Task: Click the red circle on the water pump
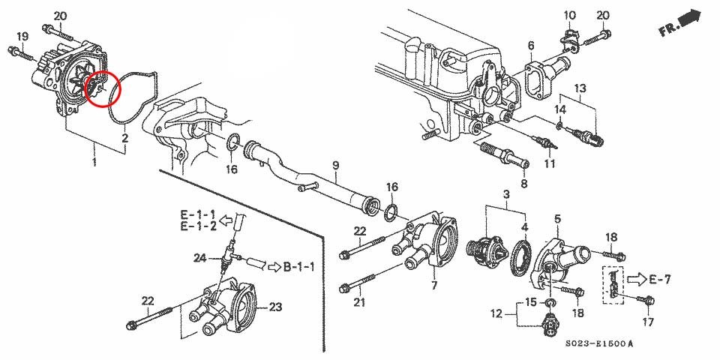(x=103, y=72)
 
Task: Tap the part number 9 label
(x=336, y=165)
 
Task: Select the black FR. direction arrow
(x=691, y=19)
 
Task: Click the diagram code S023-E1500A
(x=599, y=343)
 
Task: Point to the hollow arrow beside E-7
(x=637, y=278)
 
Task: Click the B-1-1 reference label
(x=299, y=267)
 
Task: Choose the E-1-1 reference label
(x=197, y=214)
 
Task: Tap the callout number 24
(x=199, y=258)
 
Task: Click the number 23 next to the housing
(x=275, y=307)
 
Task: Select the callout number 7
(x=434, y=285)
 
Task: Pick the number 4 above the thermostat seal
(x=524, y=226)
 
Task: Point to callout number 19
(x=22, y=36)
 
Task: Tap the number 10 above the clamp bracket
(x=569, y=16)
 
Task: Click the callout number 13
(x=580, y=87)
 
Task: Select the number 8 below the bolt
(x=524, y=184)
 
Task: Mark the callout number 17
(x=648, y=322)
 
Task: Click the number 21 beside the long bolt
(x=358, y=301)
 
